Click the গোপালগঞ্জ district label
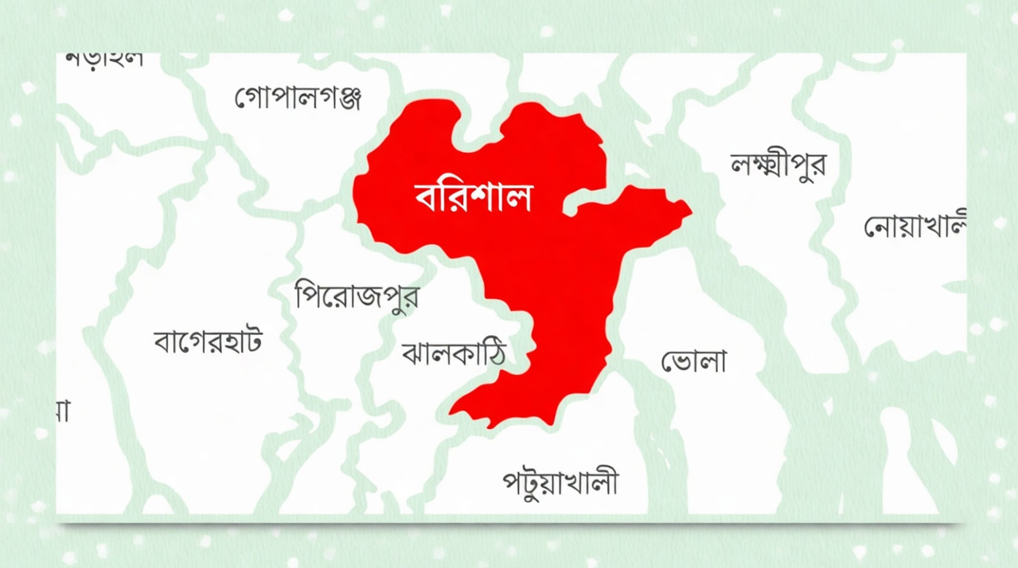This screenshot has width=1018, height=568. coord(298,98)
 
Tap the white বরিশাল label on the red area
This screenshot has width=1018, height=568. coord(473,196)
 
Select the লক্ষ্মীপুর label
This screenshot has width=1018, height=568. coord(778,164)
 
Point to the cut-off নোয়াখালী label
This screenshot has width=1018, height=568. coord(915,226)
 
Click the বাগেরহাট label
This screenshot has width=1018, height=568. coord(208,341)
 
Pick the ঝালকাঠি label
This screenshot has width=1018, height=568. coord(454,352)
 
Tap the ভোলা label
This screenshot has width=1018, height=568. coord(694,362)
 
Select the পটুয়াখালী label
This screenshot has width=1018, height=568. coord(560,483)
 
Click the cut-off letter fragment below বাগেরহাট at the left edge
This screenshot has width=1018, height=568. coord(62,410)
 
